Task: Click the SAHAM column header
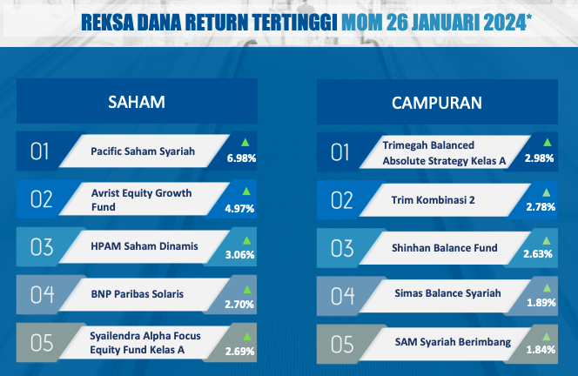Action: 137,102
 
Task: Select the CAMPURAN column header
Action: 437,103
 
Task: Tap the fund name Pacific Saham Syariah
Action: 143,151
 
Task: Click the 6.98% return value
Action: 241,158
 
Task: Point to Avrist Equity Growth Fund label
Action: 142,200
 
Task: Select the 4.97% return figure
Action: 239,209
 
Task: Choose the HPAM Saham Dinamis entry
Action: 144,245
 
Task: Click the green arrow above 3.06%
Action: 246,241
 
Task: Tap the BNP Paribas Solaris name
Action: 138,294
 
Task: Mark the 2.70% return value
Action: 239,305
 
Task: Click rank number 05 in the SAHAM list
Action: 42,343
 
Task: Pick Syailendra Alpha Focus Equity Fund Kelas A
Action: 145,342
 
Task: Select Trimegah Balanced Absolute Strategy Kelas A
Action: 444,153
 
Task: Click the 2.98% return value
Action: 540,158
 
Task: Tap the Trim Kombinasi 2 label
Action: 433,200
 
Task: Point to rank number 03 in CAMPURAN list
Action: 342,248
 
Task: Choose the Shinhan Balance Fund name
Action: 445,248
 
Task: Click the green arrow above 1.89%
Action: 547,288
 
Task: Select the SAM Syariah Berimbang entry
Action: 453,342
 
